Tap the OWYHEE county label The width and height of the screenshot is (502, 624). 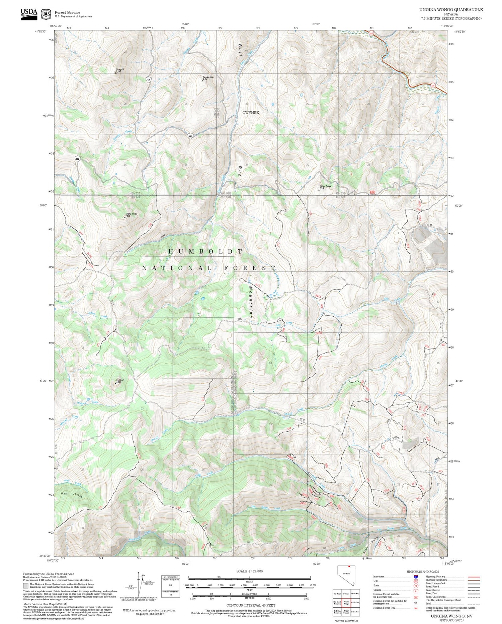251,113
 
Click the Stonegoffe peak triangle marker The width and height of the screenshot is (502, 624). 116,73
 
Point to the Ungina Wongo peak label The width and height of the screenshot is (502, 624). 131,214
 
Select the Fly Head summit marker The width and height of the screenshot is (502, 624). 116,383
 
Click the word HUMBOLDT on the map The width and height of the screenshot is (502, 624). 205,251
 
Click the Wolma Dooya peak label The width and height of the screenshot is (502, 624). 325,186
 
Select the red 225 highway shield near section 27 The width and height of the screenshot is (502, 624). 433,85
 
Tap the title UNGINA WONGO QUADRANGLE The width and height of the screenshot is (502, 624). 451,10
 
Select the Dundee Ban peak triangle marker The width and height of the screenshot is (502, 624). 202,80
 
